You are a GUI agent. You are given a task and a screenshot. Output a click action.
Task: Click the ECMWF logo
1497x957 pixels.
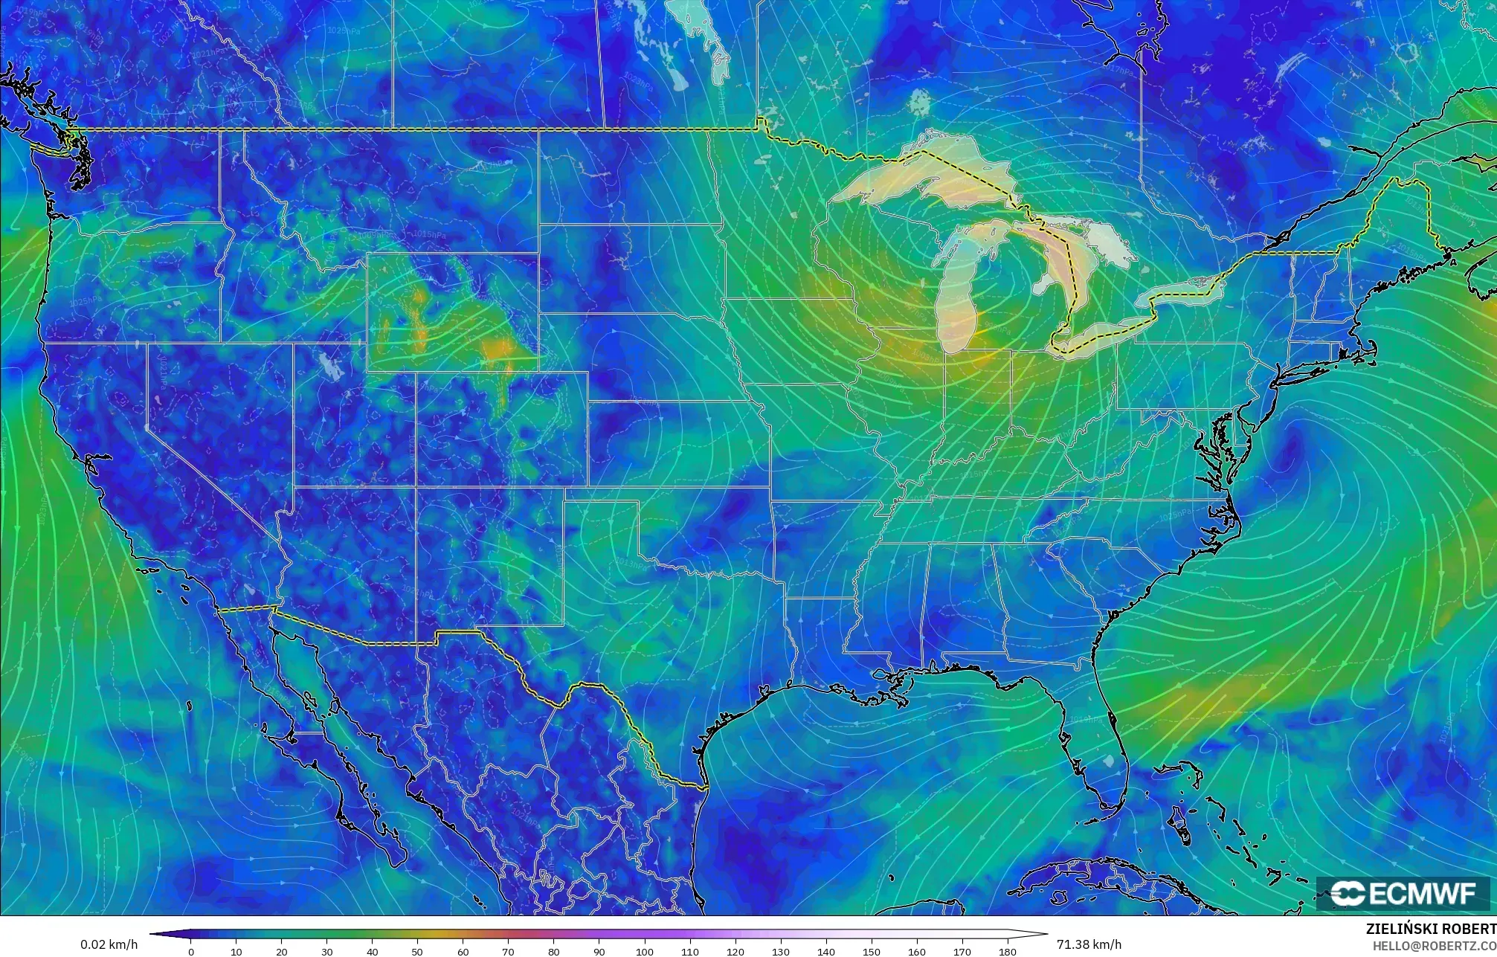pyautogui.click(x=1403, y=894)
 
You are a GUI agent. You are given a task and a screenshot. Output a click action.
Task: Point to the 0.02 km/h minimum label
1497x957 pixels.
pyautogui.click(x=109, y=945)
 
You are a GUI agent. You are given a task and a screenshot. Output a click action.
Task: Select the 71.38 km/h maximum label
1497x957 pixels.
pyautogui.click(x=1089, y=945)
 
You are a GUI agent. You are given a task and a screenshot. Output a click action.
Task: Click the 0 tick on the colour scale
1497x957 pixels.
pyautogui.click(x=191, y=952)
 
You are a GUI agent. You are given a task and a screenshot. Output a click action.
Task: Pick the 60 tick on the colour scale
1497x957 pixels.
pyautogui.click(x=463, y=952)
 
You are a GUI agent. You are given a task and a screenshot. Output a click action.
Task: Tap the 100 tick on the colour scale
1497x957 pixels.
pyautogui.click(x=645, y=952)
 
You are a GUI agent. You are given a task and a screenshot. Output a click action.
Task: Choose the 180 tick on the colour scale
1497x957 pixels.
pyautogui.click(x=1008, y=952)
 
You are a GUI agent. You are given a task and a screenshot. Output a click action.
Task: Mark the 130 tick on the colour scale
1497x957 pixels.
pyautogui.click(x=781, y=952)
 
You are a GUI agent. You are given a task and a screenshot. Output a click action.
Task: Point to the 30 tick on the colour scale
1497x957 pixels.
pyautogui.click(x=327, y=952)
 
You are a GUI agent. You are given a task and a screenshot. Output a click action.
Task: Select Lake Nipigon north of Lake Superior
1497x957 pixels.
pyautogui.click(x=919, y=102)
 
